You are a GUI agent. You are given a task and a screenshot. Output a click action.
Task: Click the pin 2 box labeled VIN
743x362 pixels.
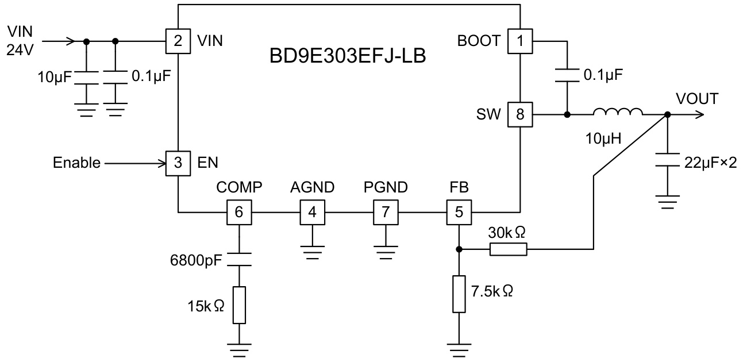[x=179, y=41]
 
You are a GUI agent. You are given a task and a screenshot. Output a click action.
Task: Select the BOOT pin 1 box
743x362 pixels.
[x=520, y=41]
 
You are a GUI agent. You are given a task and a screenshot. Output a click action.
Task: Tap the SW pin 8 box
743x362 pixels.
[x=520, y=114]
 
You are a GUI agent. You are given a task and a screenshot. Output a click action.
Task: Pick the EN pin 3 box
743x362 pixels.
[x=179, y=163]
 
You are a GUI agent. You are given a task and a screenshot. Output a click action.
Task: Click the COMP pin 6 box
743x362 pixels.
[x=239, y=212]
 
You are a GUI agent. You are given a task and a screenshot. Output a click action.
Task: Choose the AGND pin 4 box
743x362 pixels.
[x=312, y=212]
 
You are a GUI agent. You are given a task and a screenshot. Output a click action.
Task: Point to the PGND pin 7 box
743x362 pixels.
[x=386, y=212]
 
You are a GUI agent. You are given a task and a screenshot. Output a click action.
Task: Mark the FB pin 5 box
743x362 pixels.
[x=459, y=212]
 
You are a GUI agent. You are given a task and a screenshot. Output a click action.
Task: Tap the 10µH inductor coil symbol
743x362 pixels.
[x=618, y=113]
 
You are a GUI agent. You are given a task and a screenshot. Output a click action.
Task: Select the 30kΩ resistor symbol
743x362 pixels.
[x=507, y=249]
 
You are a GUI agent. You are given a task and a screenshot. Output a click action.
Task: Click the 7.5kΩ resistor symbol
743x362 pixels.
[x=459, y=294]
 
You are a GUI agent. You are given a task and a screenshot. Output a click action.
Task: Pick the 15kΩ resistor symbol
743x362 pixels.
[x=239, y=305]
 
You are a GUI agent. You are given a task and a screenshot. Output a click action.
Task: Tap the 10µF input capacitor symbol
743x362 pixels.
[x=86, y=78]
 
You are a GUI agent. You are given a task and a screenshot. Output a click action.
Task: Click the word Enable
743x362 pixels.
[x=76, y=163]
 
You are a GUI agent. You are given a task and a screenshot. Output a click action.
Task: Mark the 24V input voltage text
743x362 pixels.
[x=21, y=49]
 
